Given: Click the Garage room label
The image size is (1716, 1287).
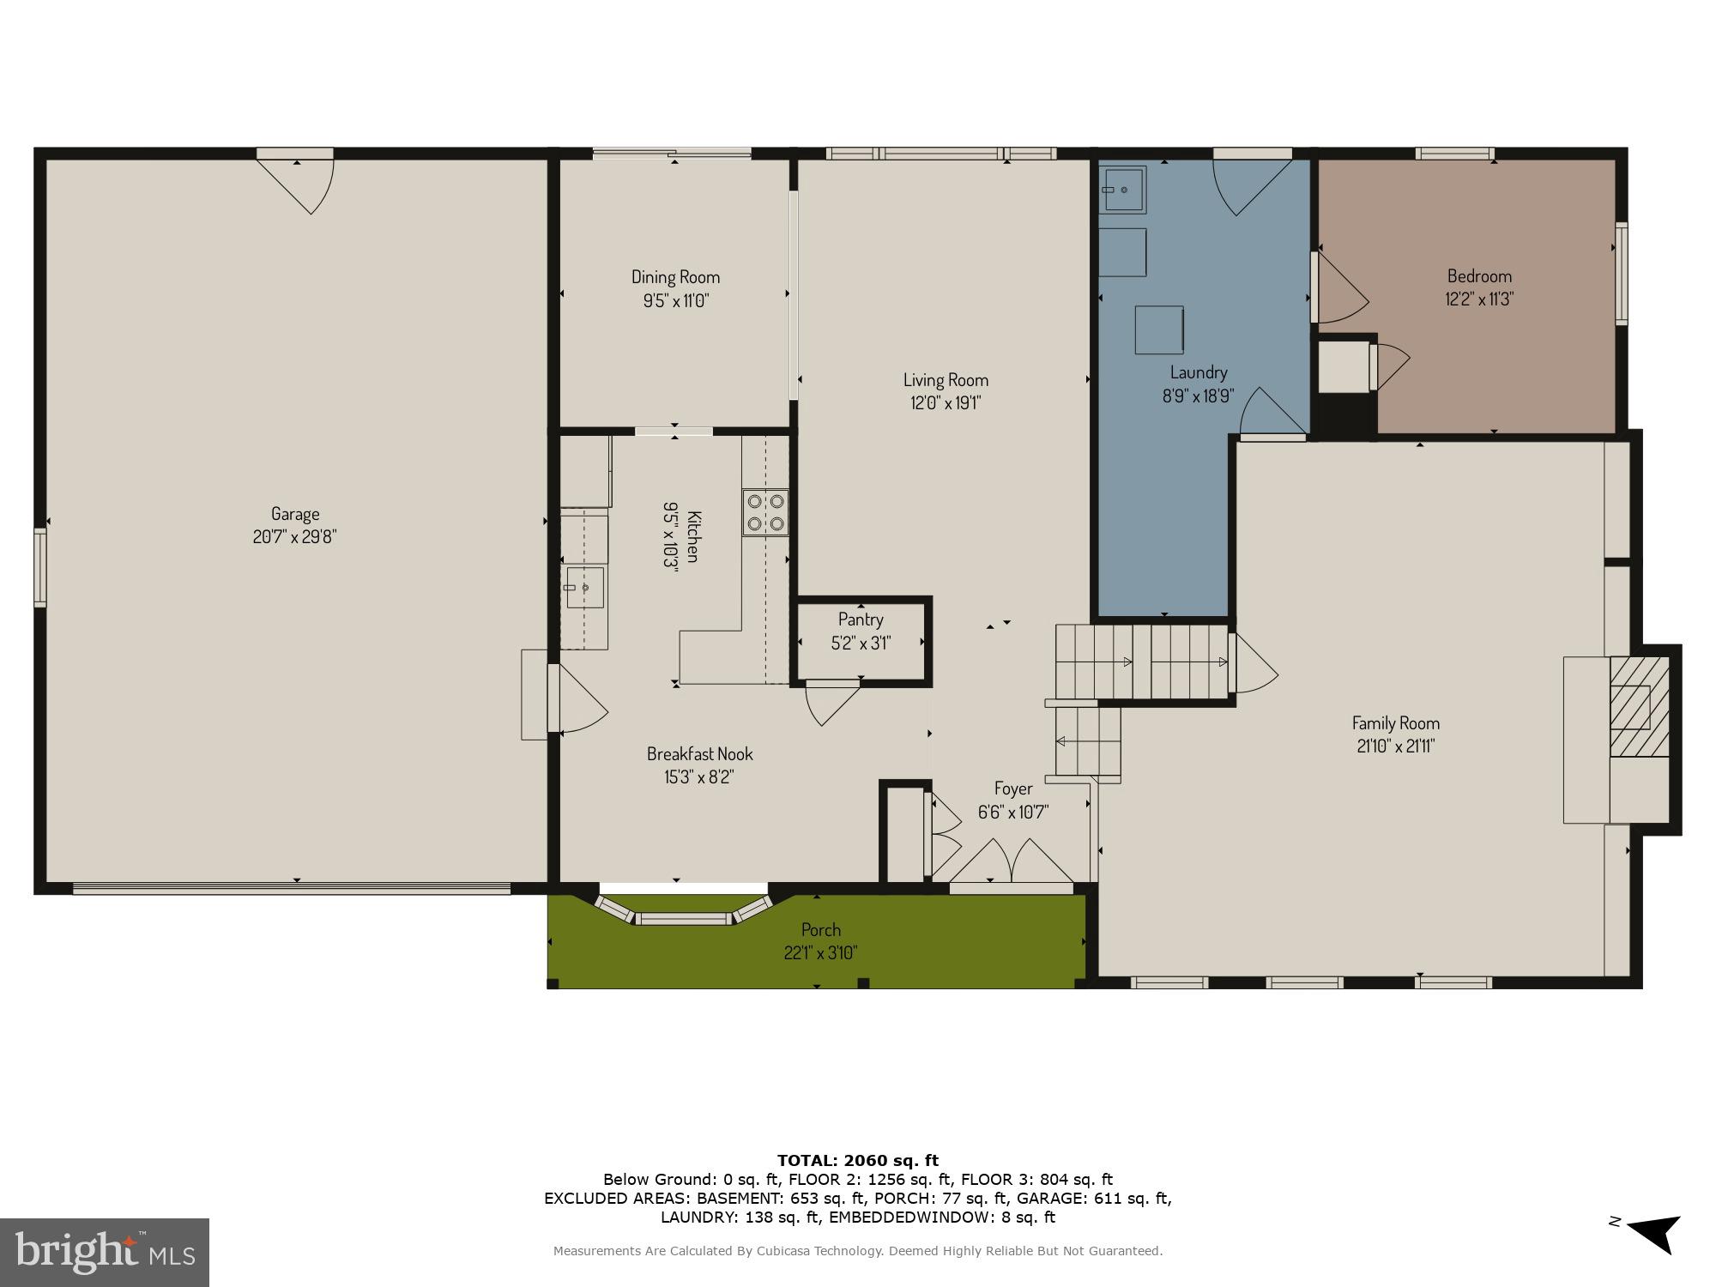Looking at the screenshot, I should point(295,514).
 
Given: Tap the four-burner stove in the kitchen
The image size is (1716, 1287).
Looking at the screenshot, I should point(765,512).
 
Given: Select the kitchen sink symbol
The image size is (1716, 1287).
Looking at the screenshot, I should point(584,588).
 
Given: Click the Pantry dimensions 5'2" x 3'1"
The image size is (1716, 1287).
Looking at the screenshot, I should point(861,643).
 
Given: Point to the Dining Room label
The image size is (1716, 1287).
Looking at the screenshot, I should point(675,277).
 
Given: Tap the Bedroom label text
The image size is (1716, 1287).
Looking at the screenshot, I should point(1479,276).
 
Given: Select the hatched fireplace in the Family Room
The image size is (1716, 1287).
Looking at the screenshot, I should point(1639,707).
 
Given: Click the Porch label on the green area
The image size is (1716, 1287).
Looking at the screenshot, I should point(820,930).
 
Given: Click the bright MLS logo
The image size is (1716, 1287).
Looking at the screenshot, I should point(105,1253).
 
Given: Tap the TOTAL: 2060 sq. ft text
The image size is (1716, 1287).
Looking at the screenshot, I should point(858,1161).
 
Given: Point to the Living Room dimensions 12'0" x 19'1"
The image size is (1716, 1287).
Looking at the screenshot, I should point(946,403).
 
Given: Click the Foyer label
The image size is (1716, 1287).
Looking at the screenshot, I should point(1013,789).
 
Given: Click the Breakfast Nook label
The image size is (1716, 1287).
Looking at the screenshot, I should point(699,754).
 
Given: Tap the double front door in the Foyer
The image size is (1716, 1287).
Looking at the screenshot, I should point(1012,861).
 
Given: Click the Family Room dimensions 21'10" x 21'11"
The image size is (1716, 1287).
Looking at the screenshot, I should point(1395,746).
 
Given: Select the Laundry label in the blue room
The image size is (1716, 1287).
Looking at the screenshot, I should point(1199,372).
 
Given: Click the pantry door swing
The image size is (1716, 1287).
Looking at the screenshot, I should point(831,703).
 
